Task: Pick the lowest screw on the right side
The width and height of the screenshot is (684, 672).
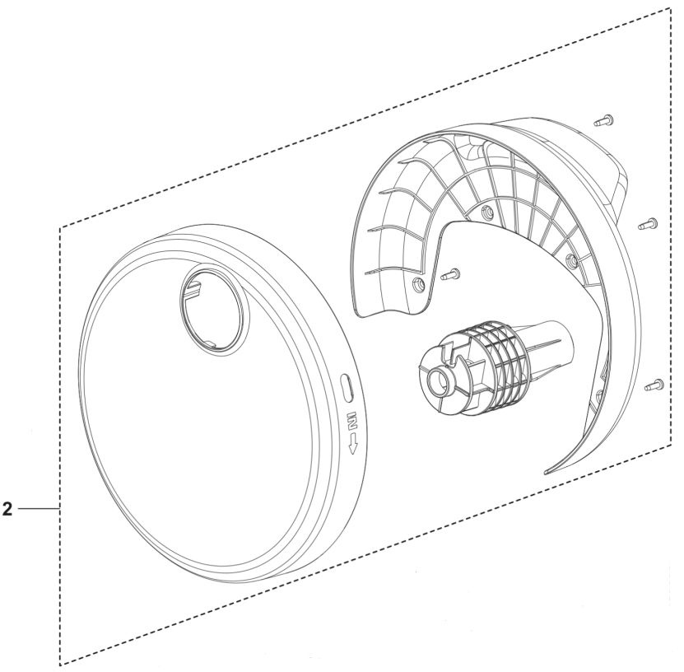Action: [x=654, y=383]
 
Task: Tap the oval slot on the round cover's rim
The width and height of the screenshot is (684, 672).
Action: [x=347, y=385]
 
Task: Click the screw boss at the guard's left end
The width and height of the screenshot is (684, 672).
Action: [x=418, y=285]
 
